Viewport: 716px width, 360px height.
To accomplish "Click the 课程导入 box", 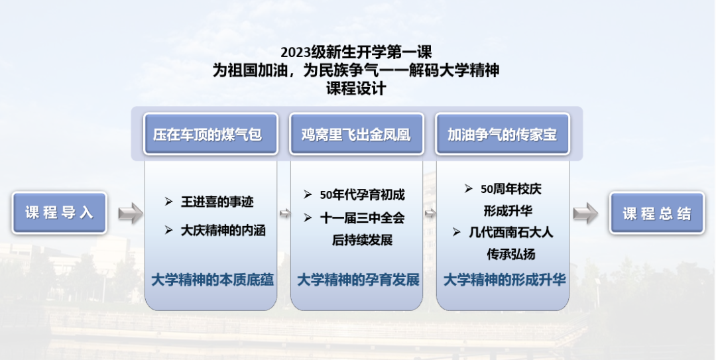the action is tap(60, 213).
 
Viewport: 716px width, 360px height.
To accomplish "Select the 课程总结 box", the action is tap(657, 213).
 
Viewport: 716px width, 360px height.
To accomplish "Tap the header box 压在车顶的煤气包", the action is tap(211, 135).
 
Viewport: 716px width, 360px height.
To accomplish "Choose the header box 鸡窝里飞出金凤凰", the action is tap(357, 135).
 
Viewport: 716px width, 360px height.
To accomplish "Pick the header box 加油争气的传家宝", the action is tap(503, 135).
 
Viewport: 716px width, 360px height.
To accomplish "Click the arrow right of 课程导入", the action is tap(131, 213).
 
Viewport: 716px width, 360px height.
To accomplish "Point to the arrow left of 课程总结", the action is tap(585, 213).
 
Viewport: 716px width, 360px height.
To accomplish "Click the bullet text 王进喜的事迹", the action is tap(216, 202).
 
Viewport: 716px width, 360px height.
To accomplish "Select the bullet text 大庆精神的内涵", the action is tap(223, 230).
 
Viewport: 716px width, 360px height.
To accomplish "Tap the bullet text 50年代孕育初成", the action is tap(362, 195).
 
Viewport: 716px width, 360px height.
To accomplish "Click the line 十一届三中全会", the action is tap(362, 218).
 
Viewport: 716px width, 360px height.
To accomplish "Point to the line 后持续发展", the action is tap(362, 240).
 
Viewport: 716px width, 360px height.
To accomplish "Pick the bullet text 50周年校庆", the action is tap(511, 189).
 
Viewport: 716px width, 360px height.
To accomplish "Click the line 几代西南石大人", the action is tap(511, 232).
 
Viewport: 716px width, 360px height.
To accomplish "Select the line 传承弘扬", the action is tap(511, 255).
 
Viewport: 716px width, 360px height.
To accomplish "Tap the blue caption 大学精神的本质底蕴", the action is tap(212, 280).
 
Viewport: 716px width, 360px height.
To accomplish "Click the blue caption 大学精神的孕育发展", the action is tap(359, 280).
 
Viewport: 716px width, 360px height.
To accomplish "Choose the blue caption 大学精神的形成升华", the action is tap(505, 280).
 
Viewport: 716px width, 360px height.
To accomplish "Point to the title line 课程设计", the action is tap(356, 88).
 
